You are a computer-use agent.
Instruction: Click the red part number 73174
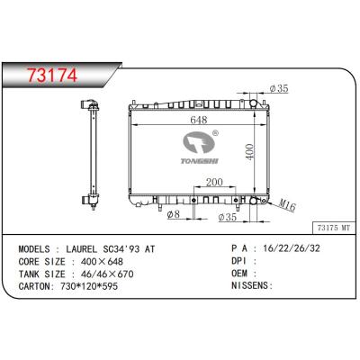coord(52,75)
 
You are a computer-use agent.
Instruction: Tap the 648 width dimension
coord(199,120)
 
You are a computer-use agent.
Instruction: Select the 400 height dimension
coord(250,152)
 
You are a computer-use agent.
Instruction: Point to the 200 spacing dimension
coord(215,182)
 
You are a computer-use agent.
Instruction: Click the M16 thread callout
coord(287,205)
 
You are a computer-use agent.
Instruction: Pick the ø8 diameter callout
coord(173,214)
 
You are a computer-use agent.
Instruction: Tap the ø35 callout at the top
coord(279,88)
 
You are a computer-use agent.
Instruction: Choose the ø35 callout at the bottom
coord(228,217)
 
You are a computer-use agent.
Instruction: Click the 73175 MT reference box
coord(333,228)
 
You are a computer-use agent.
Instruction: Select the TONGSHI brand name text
coord(200,161)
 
